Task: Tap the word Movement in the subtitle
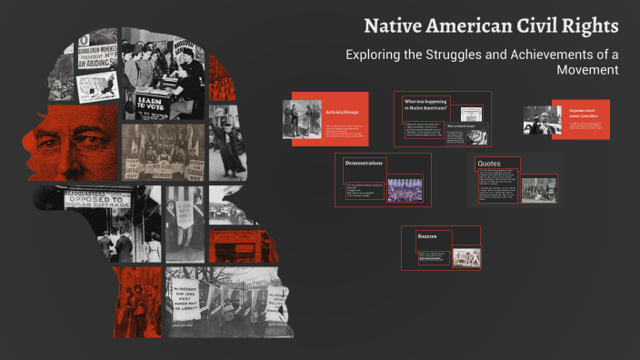pos(585,70)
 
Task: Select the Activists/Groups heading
pos(343,112)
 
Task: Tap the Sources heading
pos(427,236)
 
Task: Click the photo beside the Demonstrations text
pos(405,189)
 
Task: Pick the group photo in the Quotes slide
pos(539,188)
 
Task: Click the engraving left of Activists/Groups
pos(302,119)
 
